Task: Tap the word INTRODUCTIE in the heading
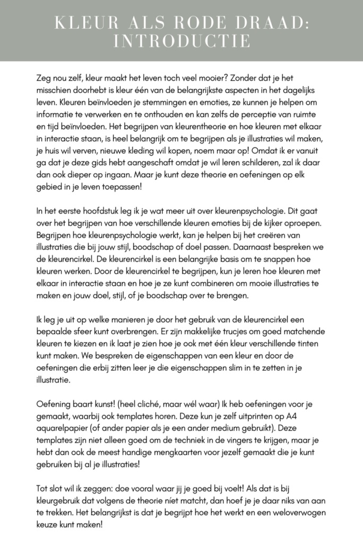tap(181, 41)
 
